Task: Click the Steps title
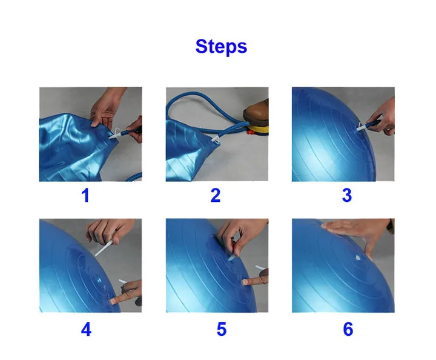[221, 47]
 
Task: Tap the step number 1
[85, 195]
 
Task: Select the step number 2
[216, 195]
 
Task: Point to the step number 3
[347, 195]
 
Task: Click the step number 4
[86, 329]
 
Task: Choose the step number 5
[222, 329]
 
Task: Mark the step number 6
[348, 329]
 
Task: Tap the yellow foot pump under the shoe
[259, 130]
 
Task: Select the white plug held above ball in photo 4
[104, 248]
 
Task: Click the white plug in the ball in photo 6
[358, 258]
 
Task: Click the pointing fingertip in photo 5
[245, 282]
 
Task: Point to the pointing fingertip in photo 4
[114, 301]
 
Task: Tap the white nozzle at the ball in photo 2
[217, 140]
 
